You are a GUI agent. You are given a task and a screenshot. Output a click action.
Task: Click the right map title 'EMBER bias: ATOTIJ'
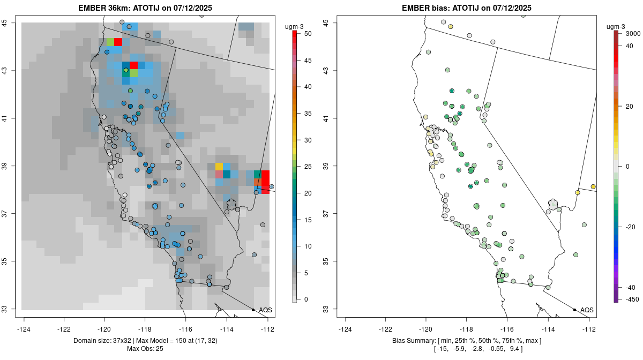[466, 7]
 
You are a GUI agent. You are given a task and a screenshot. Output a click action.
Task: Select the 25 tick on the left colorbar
[303, 167]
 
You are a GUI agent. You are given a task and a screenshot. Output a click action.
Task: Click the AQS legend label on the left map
[265, 310]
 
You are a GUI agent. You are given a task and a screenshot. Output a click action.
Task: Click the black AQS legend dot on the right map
[574, 310]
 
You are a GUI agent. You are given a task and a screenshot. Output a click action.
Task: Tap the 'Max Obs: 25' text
[145, 349]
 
